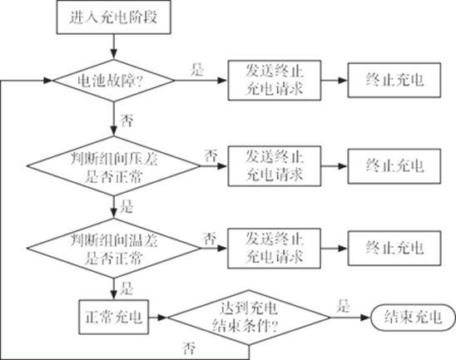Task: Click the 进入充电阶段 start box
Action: pos(113,17)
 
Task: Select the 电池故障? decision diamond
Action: pos(114,81)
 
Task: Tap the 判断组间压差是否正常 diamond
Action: pos(114,166)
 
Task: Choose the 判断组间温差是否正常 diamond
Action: pos(114,249)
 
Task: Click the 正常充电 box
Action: pos(114,317)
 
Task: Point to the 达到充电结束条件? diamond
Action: pos(249,318)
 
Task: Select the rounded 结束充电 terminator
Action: pos(413,318)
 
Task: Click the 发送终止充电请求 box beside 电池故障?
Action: pos(275,81)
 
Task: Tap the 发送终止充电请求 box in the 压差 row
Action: pos(275,166)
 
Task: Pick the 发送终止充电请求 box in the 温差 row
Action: pos(275,249)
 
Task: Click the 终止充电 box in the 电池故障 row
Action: pos(394,80)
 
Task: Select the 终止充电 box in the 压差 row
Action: pos(394,166)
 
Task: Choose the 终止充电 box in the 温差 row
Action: pos(394,249)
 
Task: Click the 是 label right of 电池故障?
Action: pos(197,70)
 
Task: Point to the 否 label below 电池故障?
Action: pos(126,121)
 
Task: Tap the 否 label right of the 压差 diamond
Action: pos(211,155)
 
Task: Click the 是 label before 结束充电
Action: pos(343,306)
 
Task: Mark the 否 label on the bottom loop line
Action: pos(188,348)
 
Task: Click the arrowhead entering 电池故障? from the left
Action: pos(48,81)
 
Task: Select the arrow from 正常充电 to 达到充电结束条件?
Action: pos(158,318)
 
